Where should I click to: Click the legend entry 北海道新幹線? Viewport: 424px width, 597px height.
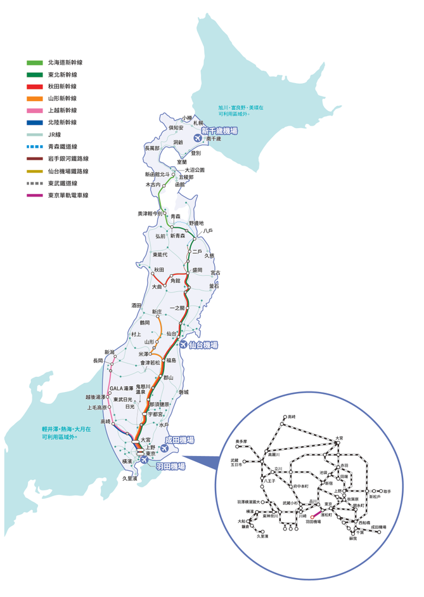(65, 63)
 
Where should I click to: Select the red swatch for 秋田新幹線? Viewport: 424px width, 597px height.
(34, 86)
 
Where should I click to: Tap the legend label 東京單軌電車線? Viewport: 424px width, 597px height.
(68, 195)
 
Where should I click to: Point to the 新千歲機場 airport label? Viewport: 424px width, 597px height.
(219, 131)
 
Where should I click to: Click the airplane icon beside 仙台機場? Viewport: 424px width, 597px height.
(184, 344)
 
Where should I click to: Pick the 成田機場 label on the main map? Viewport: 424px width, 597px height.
(179, 440)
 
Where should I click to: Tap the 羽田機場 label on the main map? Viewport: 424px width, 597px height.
(170, 466)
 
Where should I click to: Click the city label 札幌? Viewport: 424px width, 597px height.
(198, 122)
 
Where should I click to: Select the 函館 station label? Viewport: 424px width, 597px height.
(180, 184)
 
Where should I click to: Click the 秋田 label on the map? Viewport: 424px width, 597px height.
(158, 270)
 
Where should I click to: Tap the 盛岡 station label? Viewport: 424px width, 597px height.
(197, 270)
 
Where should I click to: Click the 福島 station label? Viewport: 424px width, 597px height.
(171, 360)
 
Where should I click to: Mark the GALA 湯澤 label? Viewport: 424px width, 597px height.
(122, 388)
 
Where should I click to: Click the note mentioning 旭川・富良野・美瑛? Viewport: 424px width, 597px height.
(241, 110)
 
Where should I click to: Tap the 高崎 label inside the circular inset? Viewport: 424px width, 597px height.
(292, 417)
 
